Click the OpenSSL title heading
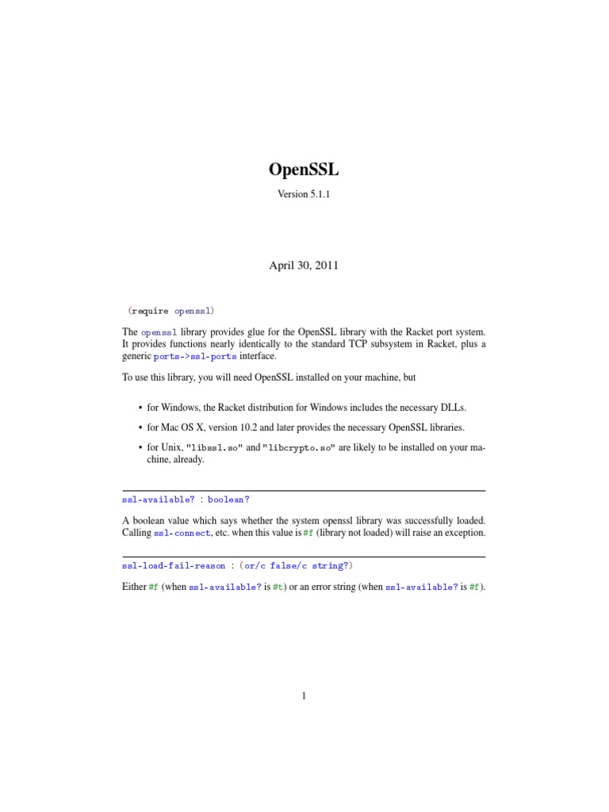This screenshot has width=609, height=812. [x=304, y=170]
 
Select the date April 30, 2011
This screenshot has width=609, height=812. [x=304, y=266]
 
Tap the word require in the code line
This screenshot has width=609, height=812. [x=151, y=311]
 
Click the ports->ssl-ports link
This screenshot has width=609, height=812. [x=195, y=357]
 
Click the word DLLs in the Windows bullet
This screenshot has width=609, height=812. [x=453, y=407]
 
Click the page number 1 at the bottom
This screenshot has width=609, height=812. [x=304, y=696]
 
